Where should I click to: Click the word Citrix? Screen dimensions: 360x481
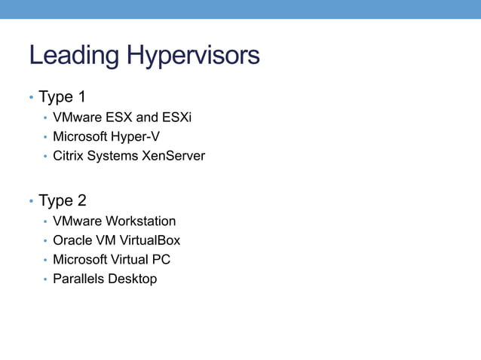(x=69, y=156)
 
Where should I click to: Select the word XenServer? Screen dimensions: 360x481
(x=173, y=156)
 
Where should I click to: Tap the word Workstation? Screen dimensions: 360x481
(x=140, y=221)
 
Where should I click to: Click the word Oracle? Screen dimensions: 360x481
(x=72, y=240)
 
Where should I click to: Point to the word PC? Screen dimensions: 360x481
(x=161, y=259)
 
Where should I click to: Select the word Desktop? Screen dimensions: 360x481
(x=132, y=279)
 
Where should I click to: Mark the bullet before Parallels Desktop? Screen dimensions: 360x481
(x=45, y=279)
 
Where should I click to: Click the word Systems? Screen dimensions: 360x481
(x=113, y=156)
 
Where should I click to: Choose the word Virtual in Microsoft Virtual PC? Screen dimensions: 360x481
(x=130, y=259)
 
